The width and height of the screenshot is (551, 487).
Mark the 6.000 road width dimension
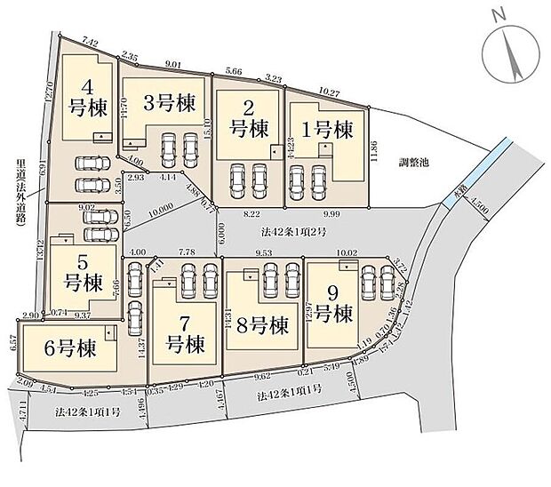click(x=218, y=232)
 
